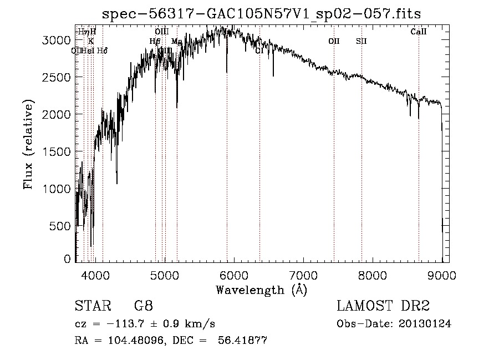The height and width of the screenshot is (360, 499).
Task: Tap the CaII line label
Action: tap(419, 32)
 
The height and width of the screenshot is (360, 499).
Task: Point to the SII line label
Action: tap(361, 41)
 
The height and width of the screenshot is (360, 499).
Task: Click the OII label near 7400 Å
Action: tap(334, 41)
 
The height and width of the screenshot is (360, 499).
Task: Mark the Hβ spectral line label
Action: tap(155, 41)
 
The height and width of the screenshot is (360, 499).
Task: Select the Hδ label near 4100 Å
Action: tap(102, 50)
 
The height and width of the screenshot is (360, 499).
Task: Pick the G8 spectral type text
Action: tap(143, 306)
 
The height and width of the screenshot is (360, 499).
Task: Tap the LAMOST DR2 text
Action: tap(383, 306)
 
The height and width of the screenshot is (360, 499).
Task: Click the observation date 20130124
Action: tap(424, 324)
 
